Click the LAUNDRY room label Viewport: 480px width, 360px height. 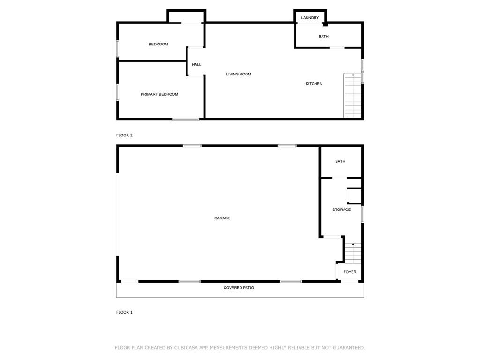tap(310, 18)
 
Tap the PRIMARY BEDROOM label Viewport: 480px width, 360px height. tap(159, 94)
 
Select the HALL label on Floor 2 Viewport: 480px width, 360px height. tap(196, 65)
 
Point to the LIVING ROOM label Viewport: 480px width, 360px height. tap(239, 74)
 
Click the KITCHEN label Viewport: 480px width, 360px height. tap(314, 84)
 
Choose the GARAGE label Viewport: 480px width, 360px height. tap(222, 218)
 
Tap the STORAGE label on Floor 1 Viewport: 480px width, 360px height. tap(341, 210)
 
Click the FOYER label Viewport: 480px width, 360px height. tap(350, 272)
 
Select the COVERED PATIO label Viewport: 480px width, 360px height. tap(239, 288)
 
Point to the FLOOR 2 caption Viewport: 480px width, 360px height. tap(124, 135)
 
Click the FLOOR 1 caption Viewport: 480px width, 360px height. tap(124, 312)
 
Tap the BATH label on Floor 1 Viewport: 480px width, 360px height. tap(340, 161)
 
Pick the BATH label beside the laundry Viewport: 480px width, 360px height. tap(323, 37)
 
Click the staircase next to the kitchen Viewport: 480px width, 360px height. tap(352, 96)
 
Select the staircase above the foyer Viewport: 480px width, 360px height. tap(353, 253)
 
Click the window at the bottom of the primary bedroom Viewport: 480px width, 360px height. tap(186, 119)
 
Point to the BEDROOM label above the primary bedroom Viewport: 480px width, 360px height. tap(158, 45)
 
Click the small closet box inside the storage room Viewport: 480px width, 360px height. tap(355, 196)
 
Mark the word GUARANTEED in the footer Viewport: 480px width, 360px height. tap(349, 348)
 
